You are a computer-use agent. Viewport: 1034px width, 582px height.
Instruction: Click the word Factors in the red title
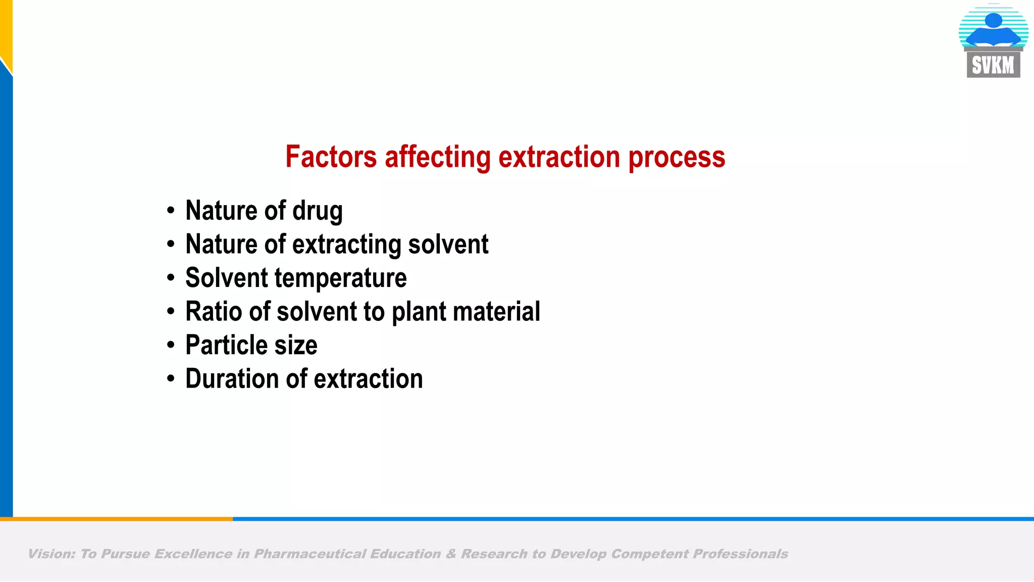tap(331, 157)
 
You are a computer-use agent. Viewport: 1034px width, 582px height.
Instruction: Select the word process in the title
tap(677, 158)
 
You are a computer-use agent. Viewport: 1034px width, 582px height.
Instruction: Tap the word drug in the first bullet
tap(318, 211)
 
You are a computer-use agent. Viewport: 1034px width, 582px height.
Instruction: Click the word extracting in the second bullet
tap(347, 245)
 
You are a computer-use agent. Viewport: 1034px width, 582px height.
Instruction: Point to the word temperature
tap(341, 278)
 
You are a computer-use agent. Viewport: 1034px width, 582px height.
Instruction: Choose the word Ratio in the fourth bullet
tap(214, 311)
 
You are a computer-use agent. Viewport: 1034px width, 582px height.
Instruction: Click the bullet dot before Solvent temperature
tap(171, 278)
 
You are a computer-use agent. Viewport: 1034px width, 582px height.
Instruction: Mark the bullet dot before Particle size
tap(171, 345)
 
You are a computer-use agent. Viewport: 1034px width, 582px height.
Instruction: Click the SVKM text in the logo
tap(993, 66)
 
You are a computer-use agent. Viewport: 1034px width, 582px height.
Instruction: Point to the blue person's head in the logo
tap(993, 20)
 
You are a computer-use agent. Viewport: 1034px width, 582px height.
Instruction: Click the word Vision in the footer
tap(51, 554)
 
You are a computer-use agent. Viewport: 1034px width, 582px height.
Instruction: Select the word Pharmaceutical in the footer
tap(309, 554)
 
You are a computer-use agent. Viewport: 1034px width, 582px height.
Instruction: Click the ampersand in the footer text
tap(450, 554)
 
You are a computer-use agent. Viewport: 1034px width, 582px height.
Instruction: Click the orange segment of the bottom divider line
tap(116, 519)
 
